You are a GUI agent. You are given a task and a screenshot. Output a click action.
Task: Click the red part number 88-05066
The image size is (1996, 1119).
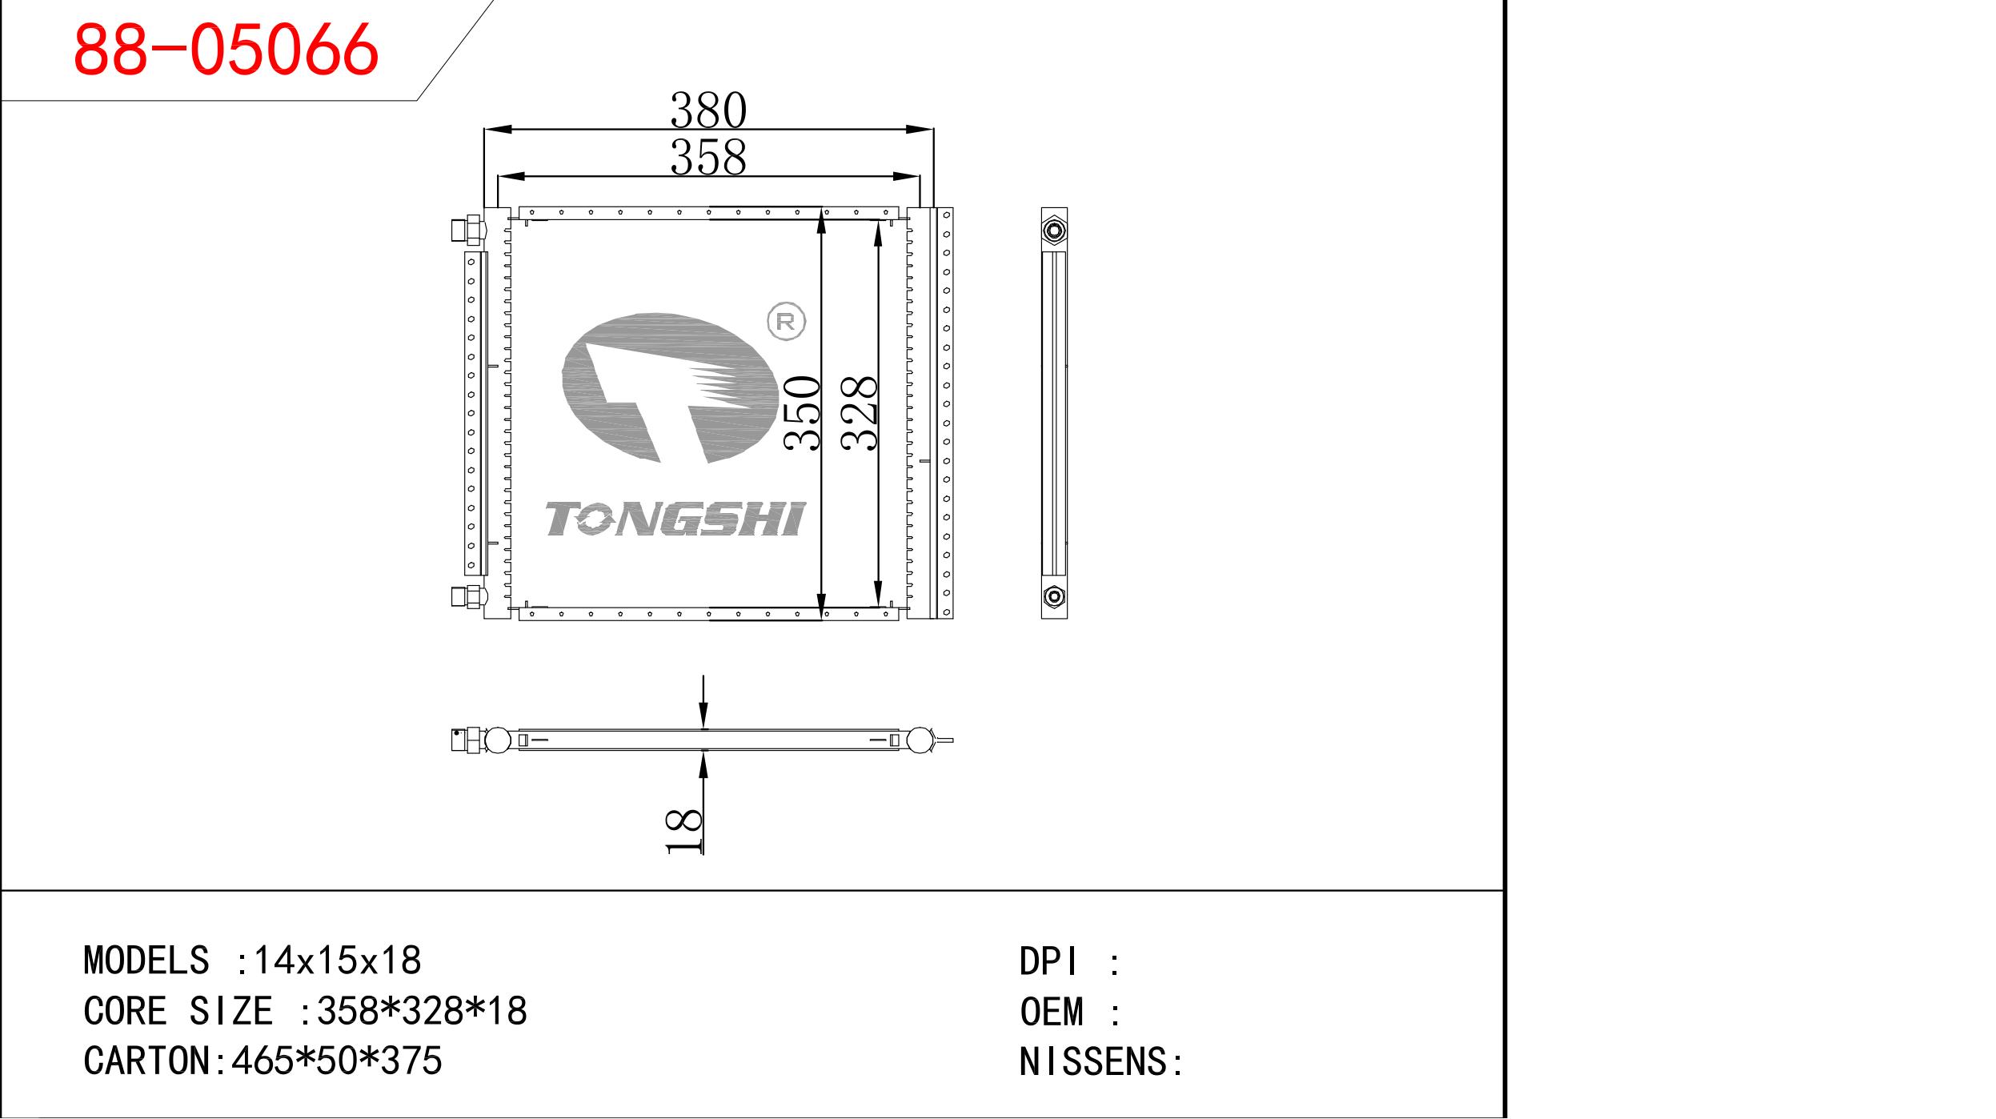(x=226, y=49)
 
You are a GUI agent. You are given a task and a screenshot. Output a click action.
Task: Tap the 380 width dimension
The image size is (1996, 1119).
(x=708, y=110)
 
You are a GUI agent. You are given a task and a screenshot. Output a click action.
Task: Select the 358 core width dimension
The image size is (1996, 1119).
(x=708, y=156)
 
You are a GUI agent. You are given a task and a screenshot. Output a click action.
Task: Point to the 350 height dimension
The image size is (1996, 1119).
(x=803, y=413)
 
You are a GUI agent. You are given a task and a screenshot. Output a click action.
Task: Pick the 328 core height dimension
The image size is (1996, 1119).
(x=860, y=413)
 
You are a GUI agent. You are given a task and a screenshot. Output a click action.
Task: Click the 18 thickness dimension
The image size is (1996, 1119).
(x=684, y=832)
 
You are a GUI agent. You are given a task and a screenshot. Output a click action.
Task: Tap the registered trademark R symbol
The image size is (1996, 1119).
(x=786, y=322)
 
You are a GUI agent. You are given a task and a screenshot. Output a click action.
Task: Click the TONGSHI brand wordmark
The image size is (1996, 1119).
(x=675, y=519)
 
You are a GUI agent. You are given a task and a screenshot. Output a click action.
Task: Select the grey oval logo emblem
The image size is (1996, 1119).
(x=670, y=387)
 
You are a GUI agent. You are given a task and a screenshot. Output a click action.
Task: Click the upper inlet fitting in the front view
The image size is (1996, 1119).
(x=468, y=231)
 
